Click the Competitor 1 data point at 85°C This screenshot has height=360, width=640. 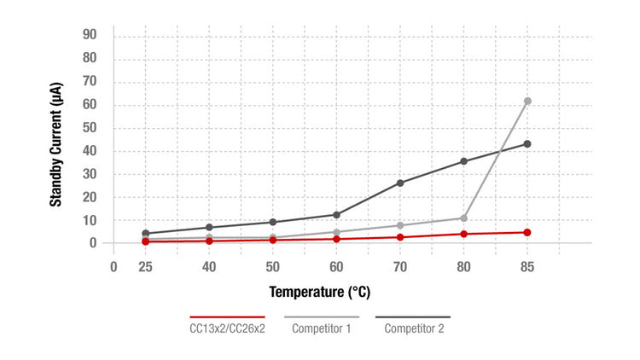(527, 102)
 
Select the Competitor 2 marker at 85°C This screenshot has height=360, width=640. (527, 144)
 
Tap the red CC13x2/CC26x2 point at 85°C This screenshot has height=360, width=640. (527, 232)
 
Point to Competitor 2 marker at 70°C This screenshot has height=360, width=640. (400, 183)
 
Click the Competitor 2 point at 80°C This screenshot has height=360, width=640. (464, 161)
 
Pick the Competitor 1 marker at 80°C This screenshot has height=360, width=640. (464, 218)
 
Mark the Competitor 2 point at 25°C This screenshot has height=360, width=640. (146, 233)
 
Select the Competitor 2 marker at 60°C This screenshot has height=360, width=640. (336, 215)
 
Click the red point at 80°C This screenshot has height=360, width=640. (464, 234)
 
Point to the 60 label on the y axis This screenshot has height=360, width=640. (89, 106)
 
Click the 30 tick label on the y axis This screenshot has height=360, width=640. (89, 174)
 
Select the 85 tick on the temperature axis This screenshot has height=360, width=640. (527, 265)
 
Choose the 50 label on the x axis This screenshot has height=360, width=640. (272, 265)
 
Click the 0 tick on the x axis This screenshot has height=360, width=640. (113, 265)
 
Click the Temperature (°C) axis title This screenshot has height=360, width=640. (320, 293)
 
